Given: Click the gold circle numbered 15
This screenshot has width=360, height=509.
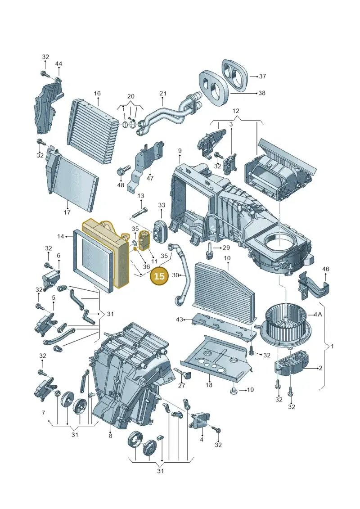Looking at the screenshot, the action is (x=159, y=276).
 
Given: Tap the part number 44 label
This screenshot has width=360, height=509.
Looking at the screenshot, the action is (x=58, y=64).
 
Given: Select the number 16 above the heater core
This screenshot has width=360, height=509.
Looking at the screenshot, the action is (x=97, y=94).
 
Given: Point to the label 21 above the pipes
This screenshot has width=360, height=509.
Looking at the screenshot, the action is (x=163, y=94).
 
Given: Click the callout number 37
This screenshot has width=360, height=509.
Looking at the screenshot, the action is (x=263, y=77).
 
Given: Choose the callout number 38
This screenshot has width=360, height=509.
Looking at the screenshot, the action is (x=261, y=93).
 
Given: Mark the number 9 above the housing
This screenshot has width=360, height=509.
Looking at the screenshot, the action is (x=180, y=151).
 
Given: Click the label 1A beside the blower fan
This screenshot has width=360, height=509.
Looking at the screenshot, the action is (x=318, y=314).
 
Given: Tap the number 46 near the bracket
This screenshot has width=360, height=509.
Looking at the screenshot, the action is (x=326, y=269).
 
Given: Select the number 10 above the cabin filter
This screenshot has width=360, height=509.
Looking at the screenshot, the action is (x=227, y=258).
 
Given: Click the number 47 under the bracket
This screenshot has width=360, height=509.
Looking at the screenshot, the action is (x=150, y=178).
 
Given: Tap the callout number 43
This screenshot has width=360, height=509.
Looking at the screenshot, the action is (x=180, y=320).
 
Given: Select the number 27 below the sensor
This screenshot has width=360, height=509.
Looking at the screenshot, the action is (x=181, y=386).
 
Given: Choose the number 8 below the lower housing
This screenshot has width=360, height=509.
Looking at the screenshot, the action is (x=110, y=436).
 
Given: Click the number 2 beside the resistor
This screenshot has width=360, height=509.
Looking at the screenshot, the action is (x=320, y=368).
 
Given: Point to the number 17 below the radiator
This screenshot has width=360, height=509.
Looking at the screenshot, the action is (x=67, y=212).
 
